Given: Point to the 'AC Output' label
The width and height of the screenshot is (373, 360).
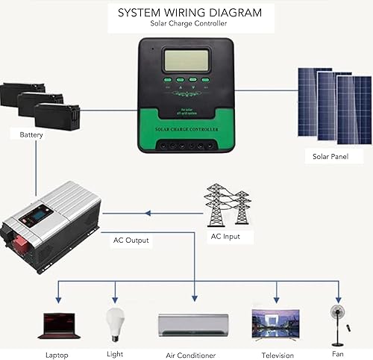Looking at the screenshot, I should pyautogui.click(x=131, y=240).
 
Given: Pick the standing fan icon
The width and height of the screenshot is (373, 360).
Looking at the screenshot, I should pyautogui.click(x=336, y=321).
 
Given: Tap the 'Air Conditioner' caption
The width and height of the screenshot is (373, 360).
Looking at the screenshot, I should pyautogui.click(x=190, y=356).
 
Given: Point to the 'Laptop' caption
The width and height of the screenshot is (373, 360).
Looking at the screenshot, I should pyautogui.click(x=57, y=355).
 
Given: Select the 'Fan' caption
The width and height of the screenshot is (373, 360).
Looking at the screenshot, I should pyautogui.click(x=338, y=353).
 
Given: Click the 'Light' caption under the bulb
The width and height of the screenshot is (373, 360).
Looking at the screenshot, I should pyautogui.click(x=115, y=354).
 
